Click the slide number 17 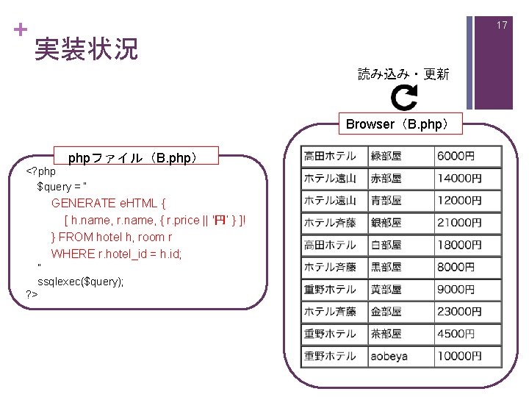point(502,26)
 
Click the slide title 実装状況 point(86,49)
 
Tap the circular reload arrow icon point(403,97)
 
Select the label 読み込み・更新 point(403,74)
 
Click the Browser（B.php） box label point(403,124)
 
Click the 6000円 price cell point(456,157)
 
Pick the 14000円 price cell point(459,179)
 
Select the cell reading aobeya point(389,357)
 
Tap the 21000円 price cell point(459,223)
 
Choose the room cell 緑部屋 point(386,157)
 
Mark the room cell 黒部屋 point(386,268)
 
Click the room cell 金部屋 point(386,312)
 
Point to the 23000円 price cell point(459,312)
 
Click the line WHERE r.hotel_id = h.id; point(116,254)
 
